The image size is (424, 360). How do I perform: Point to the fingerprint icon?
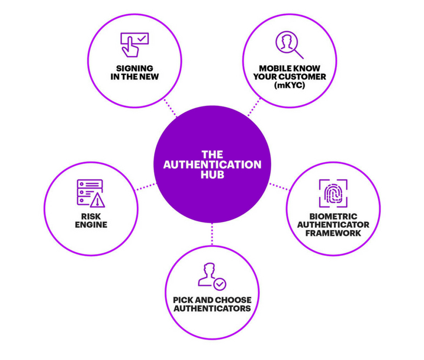(x=332, y=194)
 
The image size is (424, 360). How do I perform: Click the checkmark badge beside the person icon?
(x=220, y=283)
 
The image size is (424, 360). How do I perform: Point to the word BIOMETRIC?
(x=333, y=216)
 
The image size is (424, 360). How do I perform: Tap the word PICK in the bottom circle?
(x=183, y=300)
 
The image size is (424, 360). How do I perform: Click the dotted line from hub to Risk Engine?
(x=146, y=187)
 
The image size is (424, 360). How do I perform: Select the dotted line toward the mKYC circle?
(x=251, y=111)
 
